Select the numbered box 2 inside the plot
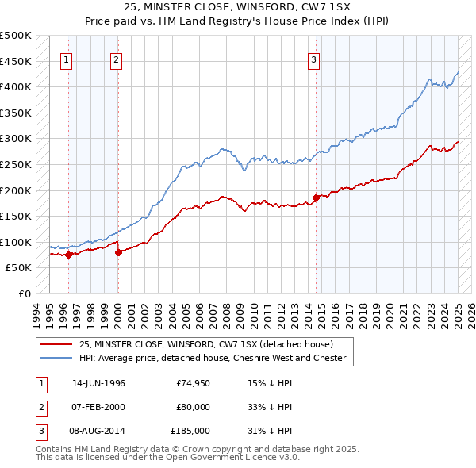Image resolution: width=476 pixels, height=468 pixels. [116, 59]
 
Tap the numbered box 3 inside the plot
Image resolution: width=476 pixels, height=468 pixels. [313, 59]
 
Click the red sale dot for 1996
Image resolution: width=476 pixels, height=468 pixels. [68, 255]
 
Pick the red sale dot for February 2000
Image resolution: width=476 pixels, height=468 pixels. [118, 252]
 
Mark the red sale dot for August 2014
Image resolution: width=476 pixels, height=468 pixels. [316, 198]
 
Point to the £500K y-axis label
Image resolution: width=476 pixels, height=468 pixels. [16, 36]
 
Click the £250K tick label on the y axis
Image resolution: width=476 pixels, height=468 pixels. [16, 164]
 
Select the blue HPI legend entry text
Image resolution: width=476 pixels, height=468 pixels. [213, 358]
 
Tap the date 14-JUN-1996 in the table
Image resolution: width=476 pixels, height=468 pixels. [98, 383]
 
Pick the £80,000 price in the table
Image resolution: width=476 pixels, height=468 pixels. [193, 407]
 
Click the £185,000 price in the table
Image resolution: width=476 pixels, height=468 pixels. [191, 431]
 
